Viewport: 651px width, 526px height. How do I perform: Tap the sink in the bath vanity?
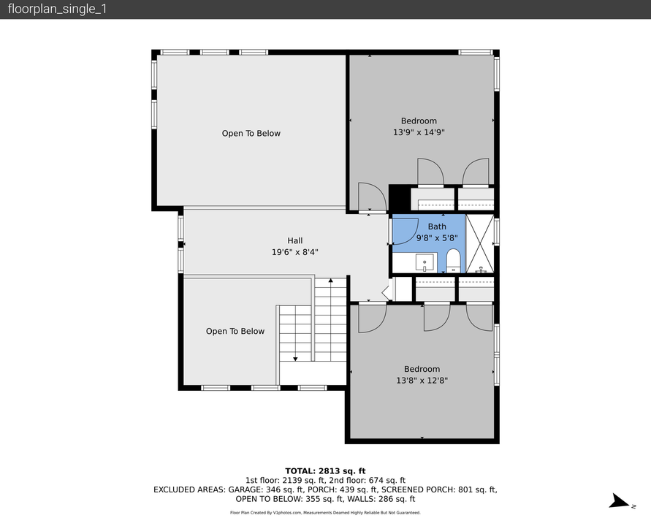424,262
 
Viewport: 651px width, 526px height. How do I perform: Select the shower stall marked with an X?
479,243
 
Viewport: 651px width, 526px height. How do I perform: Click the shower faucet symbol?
481,271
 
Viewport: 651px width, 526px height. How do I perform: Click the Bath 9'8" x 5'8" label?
436,232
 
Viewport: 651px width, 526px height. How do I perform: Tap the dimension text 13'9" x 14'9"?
419,132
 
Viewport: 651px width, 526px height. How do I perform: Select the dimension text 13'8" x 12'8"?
422,380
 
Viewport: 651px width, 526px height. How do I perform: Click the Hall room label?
294,240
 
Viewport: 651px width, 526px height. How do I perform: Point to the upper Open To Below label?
251,134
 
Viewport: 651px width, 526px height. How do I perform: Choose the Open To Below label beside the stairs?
235,332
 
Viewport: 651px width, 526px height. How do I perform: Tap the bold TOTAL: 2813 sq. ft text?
325,470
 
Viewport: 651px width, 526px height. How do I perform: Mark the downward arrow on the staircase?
295,357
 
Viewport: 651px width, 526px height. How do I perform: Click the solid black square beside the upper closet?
399,198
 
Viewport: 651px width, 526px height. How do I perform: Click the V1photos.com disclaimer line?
325,513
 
